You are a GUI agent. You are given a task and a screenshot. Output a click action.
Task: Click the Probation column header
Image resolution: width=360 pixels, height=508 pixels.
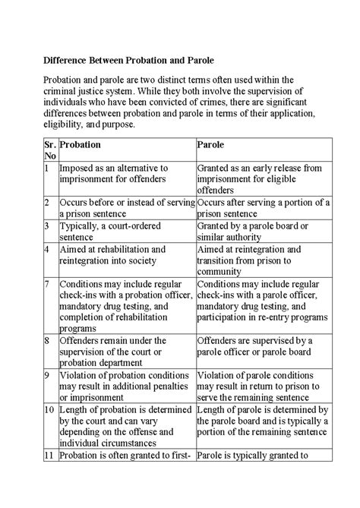tap(80, 144)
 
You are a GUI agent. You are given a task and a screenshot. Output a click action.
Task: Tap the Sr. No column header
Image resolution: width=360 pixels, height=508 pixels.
tap(49, 150)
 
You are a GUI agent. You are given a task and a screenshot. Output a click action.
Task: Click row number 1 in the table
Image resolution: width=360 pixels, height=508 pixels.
tap(47, 167)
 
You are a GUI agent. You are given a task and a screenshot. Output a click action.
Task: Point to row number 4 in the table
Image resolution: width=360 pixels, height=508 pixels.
tap(47, 249)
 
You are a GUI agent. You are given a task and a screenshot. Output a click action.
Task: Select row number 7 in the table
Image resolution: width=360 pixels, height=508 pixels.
tap(47, 283)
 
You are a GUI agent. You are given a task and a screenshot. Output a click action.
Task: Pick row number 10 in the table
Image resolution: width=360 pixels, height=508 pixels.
tap(49, 411)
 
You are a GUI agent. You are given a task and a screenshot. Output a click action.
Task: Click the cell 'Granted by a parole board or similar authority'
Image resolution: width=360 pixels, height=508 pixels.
tap(251, 231)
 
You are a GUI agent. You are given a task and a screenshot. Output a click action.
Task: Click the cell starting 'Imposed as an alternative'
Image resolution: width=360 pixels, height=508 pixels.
tap(113, 172)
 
